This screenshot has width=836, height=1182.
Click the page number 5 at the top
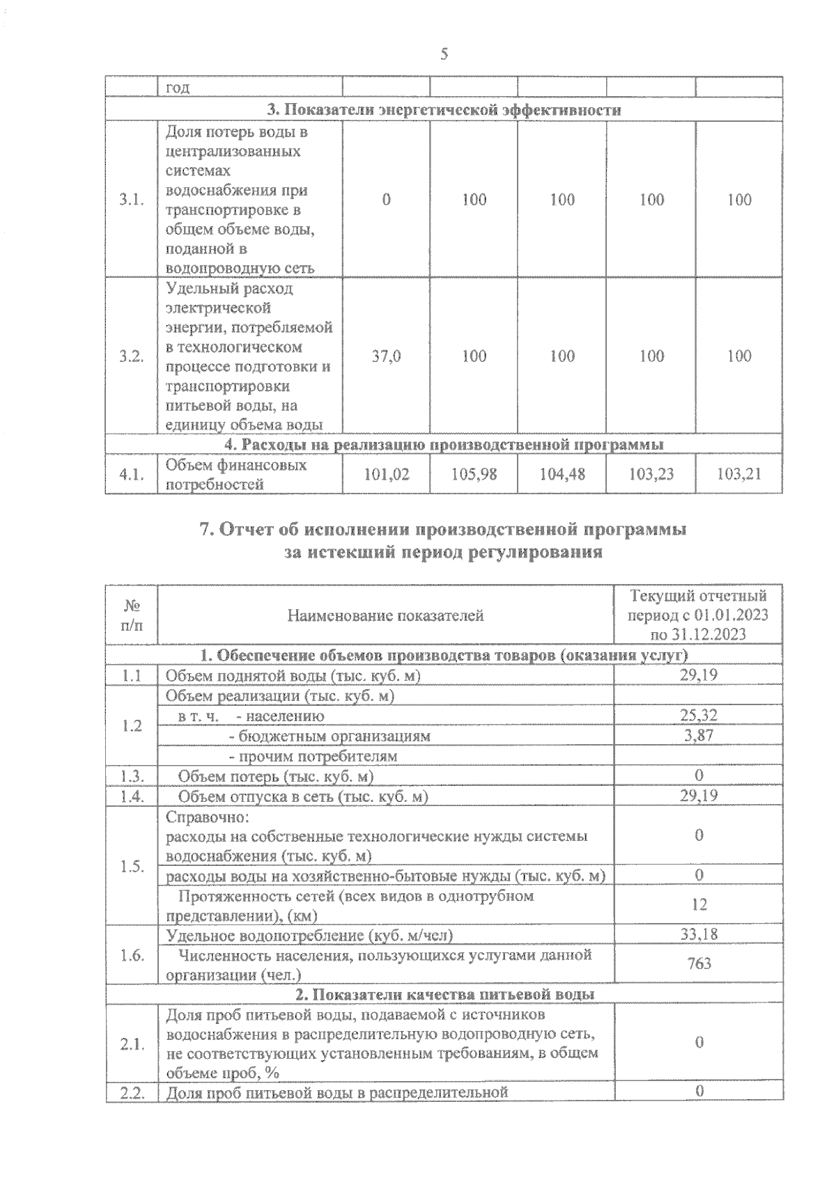(x=444, y=54)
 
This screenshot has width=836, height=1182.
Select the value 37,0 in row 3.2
(x=386, y=356)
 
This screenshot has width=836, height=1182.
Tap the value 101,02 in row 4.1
(x=386, y=475)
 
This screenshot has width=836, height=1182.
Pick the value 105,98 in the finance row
(x=474, y=475)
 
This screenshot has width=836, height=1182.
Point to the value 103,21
(x=738, y=475)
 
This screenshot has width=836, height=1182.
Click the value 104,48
(x=562, y=475)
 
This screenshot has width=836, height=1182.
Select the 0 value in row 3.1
(x=386, y=200)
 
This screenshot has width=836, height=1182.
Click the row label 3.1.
(x=131, y=200)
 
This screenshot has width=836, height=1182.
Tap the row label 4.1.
(x=131, y=475)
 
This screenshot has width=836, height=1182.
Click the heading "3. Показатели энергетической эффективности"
(x=444, y=110)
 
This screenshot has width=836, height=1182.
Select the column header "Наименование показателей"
(x=385, y=615)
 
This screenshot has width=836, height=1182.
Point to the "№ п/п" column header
(x=131, y=615)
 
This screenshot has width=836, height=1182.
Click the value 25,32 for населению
(x=699, y=715)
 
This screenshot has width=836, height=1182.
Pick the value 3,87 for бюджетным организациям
(x=699, y=735)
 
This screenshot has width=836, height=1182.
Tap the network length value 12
(x=699, y=905)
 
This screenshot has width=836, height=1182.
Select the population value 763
(x=699, y=963)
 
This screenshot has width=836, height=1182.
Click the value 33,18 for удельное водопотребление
(x=699, y=934)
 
